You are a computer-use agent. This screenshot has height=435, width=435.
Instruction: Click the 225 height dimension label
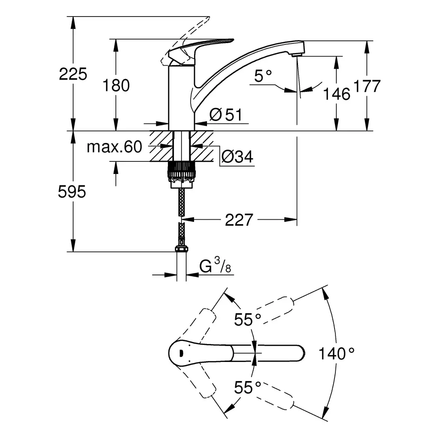pos(73,74)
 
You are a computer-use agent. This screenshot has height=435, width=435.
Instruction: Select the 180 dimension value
pos(116,86)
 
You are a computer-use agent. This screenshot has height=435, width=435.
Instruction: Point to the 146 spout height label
pos(337,94)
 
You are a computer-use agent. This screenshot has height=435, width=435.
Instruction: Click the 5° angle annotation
pos(263,77)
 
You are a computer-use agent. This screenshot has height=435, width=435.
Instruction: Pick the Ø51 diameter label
pos(225,115)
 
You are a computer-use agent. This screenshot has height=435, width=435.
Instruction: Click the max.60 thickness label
pos(114,147)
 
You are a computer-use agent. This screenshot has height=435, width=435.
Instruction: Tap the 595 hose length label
pos(72,192)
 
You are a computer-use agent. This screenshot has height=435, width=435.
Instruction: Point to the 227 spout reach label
pos(239,220)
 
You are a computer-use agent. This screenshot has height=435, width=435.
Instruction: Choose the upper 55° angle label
pos(248,320)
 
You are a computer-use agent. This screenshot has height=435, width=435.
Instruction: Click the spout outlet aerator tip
pos(297,54)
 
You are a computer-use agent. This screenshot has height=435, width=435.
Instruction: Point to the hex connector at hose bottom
pos(181,249)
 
